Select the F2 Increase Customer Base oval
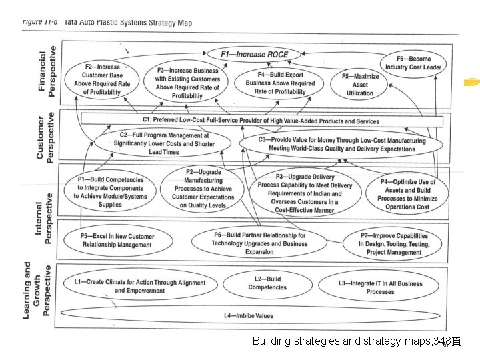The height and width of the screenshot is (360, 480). (102, 79)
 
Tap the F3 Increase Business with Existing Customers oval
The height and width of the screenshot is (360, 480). (187, 83)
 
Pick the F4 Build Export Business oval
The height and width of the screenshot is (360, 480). (280, 83)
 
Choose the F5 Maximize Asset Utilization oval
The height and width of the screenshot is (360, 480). (360, 85)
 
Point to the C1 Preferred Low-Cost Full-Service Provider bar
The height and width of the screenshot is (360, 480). (260, 121)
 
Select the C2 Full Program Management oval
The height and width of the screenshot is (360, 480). (164, 143)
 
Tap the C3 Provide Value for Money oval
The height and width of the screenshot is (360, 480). (341, 145)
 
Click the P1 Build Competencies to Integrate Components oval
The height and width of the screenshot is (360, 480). (110, 192)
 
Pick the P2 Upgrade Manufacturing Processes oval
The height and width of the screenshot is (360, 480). (203, 189)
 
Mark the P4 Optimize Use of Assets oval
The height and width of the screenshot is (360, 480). (407, 194)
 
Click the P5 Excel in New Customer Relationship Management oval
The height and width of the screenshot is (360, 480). (117, 241)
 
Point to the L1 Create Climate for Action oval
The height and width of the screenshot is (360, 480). (139, 286)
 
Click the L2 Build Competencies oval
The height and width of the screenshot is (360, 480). (267, 283)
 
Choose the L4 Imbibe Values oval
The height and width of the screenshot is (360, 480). (248, 315)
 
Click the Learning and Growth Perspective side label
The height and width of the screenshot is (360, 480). (37, 289)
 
